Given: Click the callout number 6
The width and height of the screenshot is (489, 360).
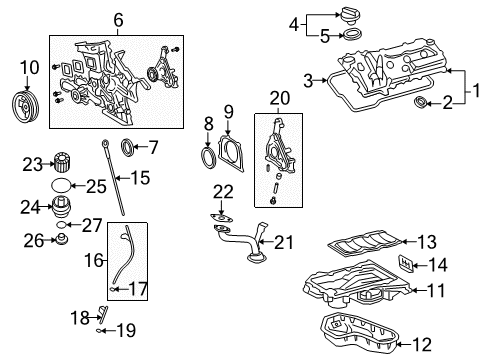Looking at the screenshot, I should (x=117, y=19).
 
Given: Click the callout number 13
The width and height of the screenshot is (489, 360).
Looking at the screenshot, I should (x=426, y=241).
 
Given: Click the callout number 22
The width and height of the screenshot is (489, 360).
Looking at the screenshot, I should (x=223, y=192).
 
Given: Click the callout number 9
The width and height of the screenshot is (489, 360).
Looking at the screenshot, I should (x=228, y=111).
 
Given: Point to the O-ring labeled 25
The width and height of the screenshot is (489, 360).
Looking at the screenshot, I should (x=62, y=187).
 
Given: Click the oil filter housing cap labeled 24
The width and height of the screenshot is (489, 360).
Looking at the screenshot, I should (x=62, y=209).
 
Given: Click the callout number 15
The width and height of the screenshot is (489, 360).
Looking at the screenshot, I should (x=139, y=179).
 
